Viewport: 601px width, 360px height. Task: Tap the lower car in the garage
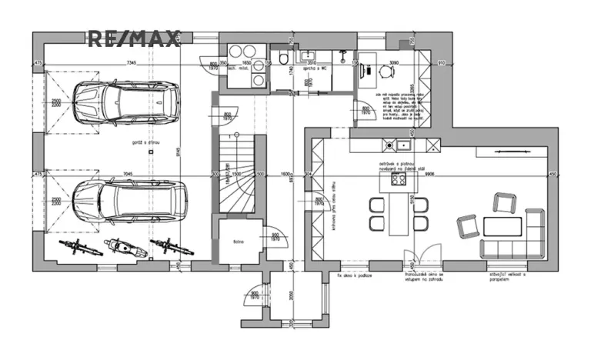click(132, 201)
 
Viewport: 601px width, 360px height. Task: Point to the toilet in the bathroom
click(285, 59)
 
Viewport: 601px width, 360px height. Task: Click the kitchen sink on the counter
click(404, 144)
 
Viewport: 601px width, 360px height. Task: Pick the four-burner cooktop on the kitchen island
click(399, 182)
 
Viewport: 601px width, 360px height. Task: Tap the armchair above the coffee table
click(503, 203)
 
